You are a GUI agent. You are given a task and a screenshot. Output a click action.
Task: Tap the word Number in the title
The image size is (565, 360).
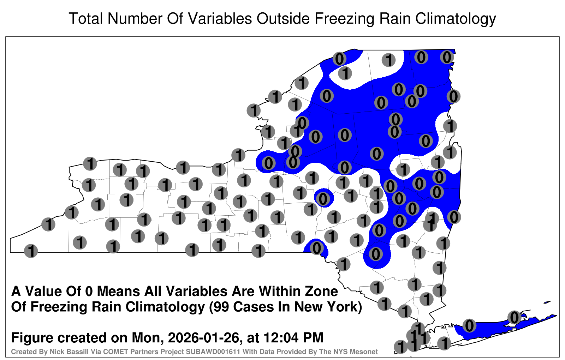click(x=135, y=18)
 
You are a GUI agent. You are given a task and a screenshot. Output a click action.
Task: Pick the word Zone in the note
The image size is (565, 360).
click(x=321, y=292)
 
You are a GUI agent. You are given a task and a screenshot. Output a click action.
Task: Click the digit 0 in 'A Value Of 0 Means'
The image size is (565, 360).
click(x=89, y=292)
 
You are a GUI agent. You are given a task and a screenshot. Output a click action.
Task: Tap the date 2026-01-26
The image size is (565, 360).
click(x=203, y=337)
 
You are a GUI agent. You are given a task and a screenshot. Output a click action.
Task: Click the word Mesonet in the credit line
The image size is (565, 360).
click(x=366, y=352)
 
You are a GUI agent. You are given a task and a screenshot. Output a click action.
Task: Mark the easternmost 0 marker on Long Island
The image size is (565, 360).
click(x=514, y=317)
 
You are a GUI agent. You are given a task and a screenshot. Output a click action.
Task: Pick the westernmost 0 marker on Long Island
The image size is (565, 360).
click(x=469, y=325)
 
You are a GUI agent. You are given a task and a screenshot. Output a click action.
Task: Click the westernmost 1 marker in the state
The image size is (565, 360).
click(x=31, y=251)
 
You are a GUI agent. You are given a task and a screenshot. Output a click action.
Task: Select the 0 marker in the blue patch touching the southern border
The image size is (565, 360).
click(x=317, y=248)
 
